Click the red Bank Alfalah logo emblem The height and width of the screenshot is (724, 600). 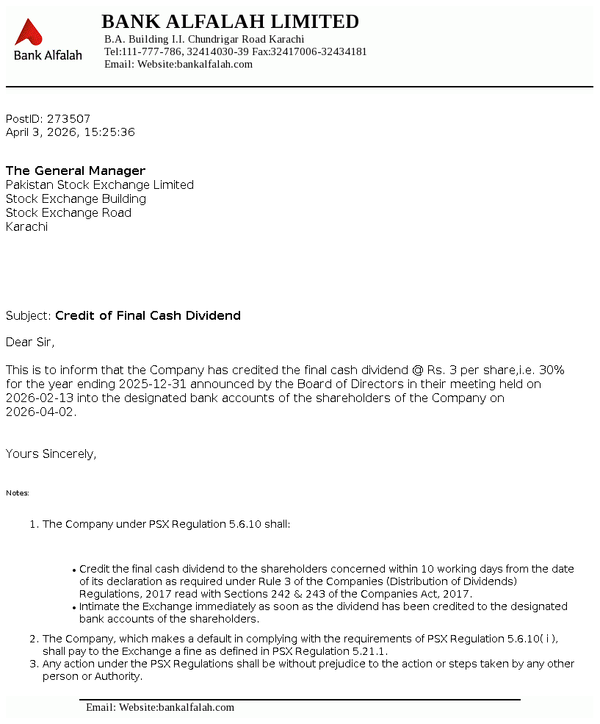point(29,32)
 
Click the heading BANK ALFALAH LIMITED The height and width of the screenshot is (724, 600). point(230,21)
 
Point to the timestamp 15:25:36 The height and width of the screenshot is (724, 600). point(109,132)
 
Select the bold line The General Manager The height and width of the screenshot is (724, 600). point(76,171)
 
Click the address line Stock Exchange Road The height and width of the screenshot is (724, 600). point(68,212)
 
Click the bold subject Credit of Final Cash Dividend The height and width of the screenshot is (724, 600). point(148,315)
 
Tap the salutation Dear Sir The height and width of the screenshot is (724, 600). point(30,342)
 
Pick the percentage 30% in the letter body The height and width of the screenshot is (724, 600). point(552,370)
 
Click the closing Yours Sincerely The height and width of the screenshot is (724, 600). point(51,454)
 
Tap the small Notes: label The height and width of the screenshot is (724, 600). point(18,493)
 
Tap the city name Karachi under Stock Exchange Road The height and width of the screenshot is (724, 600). point(26,226)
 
